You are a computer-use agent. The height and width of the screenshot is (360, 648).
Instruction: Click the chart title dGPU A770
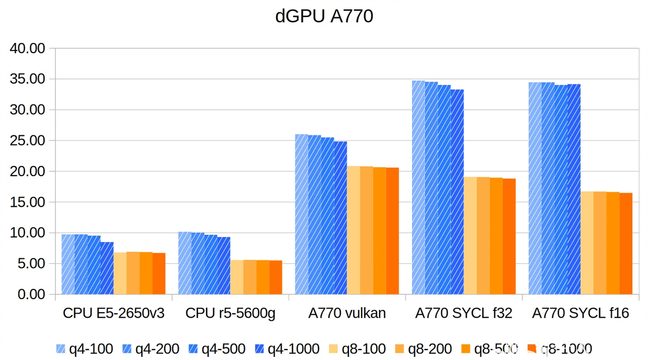coord(324,16)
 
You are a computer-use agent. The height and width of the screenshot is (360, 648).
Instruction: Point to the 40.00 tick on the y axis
coord(27,48)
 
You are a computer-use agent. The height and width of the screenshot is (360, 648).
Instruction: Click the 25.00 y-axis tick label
coord(27,141)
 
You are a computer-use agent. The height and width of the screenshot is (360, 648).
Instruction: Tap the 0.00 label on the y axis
coord(30,295)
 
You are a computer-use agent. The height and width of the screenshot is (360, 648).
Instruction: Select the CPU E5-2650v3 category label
coord(114,313)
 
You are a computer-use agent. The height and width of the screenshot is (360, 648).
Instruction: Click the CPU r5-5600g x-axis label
coord(230,313)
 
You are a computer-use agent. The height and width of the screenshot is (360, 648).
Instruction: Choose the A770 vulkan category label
coord(347,313)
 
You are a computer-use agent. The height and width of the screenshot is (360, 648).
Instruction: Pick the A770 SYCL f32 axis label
coord(464,313)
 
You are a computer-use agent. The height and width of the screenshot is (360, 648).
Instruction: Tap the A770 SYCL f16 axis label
coord(581,313)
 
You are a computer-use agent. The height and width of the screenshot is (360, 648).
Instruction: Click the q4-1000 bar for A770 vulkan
coord(340,218)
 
